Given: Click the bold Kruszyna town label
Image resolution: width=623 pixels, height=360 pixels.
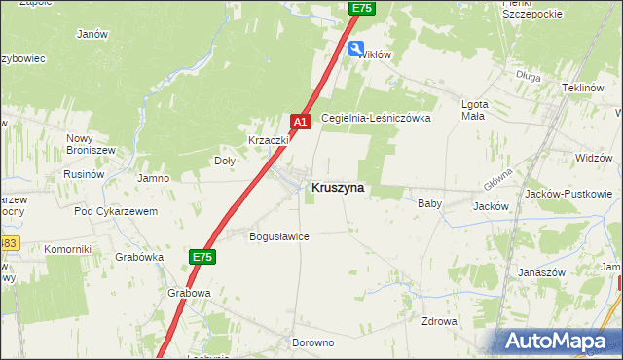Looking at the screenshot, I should [338, 188].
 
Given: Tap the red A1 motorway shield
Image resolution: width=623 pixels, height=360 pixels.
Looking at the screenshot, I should [301, 121].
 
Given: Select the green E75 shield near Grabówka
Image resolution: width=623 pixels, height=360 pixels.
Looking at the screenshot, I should [202, 256].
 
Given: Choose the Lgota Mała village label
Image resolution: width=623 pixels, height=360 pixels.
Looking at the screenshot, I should [473, 110].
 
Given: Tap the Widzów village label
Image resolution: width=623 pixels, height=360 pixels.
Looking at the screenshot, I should [593, 157].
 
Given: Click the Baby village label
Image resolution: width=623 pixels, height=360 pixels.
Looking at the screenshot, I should [429, 204].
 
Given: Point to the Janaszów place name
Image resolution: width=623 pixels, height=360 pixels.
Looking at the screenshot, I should [542, 273].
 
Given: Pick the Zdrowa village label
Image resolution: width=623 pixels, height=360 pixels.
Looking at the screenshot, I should [439, 321].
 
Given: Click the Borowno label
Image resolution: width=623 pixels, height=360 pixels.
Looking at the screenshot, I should [312, 342].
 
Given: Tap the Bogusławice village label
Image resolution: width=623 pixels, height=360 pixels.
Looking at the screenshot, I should [279, 236].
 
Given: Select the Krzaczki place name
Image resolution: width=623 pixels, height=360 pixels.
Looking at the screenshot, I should [270, 140].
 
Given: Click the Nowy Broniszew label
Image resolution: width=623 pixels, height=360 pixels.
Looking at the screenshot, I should [92, 144].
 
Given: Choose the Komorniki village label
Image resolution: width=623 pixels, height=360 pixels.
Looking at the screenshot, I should [67, 249].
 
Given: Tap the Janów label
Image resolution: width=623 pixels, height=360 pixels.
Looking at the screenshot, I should [91, 33].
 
